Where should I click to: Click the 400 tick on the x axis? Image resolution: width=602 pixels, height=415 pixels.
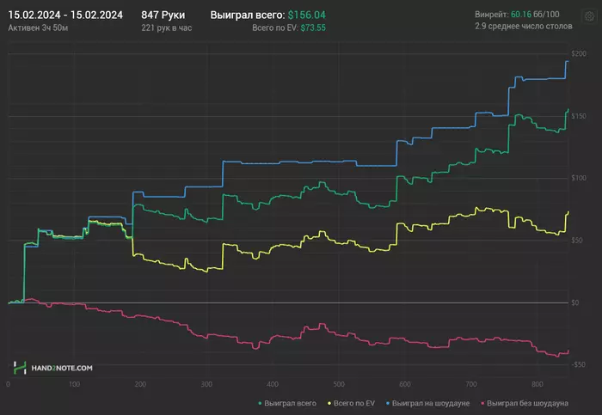272,384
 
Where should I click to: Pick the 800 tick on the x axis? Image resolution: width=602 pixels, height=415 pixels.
537,384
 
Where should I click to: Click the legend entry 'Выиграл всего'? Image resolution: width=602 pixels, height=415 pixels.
287,402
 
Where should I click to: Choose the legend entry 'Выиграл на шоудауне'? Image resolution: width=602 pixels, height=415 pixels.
429,402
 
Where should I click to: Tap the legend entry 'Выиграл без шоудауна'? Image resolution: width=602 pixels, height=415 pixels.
528,402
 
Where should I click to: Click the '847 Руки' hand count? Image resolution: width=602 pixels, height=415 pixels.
163,15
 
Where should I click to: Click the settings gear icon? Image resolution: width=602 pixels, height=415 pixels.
588,16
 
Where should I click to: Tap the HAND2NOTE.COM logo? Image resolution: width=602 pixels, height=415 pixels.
52,368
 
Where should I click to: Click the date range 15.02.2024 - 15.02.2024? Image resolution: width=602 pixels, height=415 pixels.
65,15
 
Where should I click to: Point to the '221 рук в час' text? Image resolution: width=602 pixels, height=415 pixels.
169,28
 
